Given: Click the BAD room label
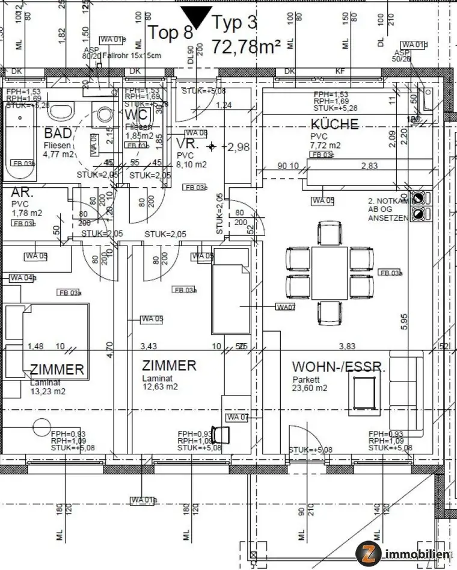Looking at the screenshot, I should point(58,133).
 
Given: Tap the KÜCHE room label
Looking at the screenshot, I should point(334,125).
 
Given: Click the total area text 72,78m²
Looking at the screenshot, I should point(247,45).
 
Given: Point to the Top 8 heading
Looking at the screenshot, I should point(171,33).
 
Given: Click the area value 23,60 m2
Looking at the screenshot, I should point(310,388).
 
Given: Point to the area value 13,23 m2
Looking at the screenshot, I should point(48,391).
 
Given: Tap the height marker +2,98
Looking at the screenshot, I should point(235,146).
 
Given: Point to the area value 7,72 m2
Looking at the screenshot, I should point(325,146).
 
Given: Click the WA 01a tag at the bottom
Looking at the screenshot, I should point(144,499).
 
